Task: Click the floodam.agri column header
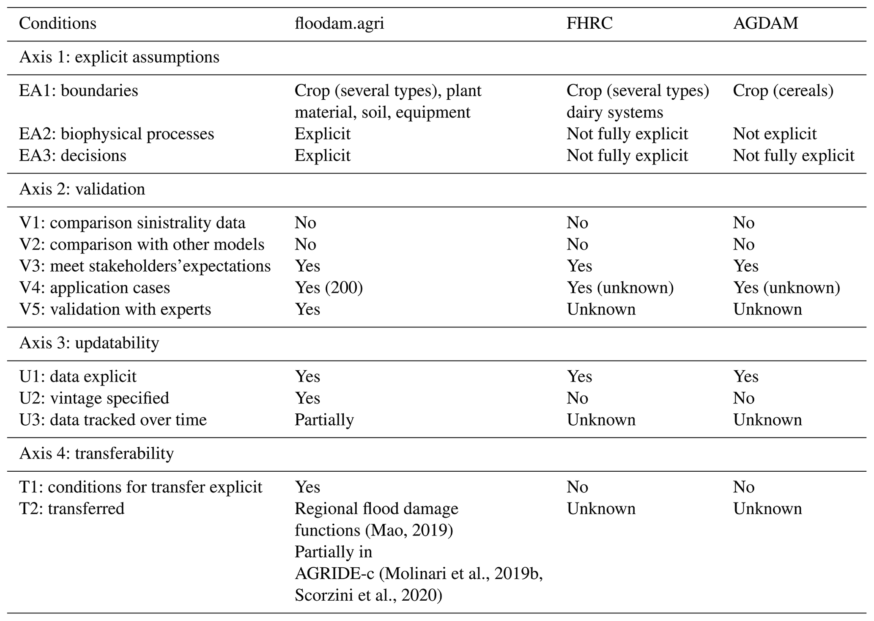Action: pyautogui.click(x=339, y=23)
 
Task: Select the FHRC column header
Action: pyautogui.click(x=589, y=23)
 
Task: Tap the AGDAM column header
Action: pyautogui.click(x=765, y=23)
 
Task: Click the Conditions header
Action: pyautogui.click(x=58, y=23)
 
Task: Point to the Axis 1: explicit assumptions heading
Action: pyautogui.click(x=119, y=57)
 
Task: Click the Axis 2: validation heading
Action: pyautogui.click(x=82, y=189)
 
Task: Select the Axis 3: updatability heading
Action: pyautogui.click(x=89, y=343)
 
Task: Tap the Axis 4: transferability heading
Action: pyautogui.click(x=96, y=453)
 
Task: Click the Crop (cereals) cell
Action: pyautogui.click(x=783, y=91)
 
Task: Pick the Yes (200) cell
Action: pyautogui.click(x=329, y=288)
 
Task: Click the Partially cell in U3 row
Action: pyautogui.click(x=324, y=420)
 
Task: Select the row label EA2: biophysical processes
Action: pyautogui.click(x=116, y=134)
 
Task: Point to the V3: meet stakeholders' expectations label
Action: pyautogui.click(x=145, y=266)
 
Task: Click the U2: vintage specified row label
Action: pyautogui.click(x=94, y=398)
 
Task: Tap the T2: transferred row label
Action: pyautogui.click(x=71, y=508)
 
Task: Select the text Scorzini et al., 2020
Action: pyautogui.click(x=368, y=595)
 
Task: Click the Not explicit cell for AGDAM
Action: pyautogui.click(x=775, y=134)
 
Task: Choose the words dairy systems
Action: pyautogui.click(x=615, y=112)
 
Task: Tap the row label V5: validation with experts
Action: pyautogui.click(x=115, y=309)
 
